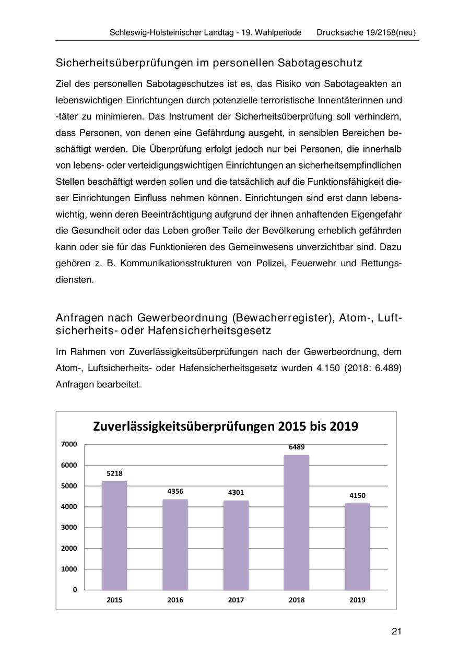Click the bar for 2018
pyautogui.click(x=296, y=522)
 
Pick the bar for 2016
pyautogui.click(x=175, y=544)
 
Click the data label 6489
pyautogui.click(x=297, y=447)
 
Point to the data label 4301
pyautogui.click(x=236, y=492)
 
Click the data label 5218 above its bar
pyautogui.click(x=114, y=473)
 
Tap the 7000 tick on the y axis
pyautogui.click(x=70, y=444)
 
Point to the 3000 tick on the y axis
pyautogui.click(x=70, y=527)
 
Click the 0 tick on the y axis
pyautogui.click(x=75, y=590)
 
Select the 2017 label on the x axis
pyautogui.click(x=236, y=600)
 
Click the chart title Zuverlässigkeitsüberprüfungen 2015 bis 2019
pyautogui.click(x=226, y=426)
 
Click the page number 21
pyautogui.click(x=396, y=632)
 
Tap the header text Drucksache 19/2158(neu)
pyautogui.click(x=366, y=32)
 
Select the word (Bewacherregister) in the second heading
pyautogui.click(x=283, y=318)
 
